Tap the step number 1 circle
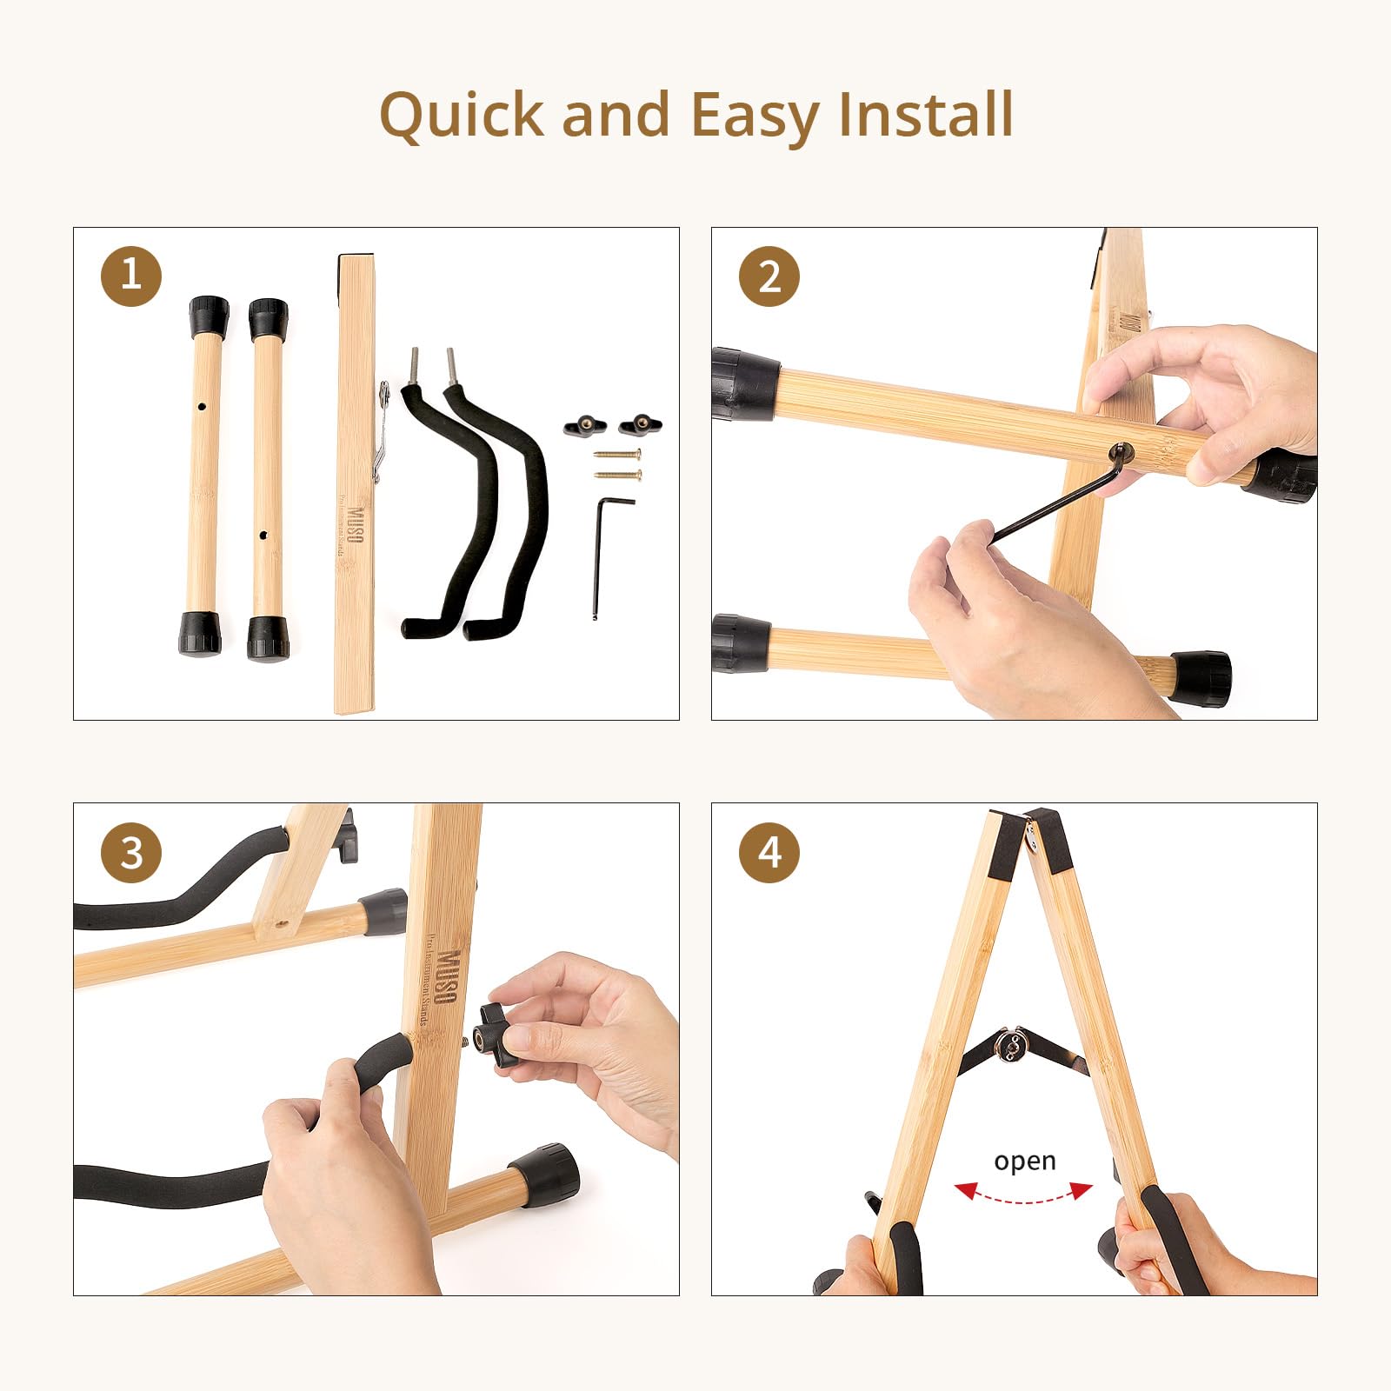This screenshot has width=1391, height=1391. click(x=131, y=276)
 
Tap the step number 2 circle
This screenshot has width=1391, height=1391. click(x=769, y=276)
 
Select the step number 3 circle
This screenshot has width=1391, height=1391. click(x=131, y=852)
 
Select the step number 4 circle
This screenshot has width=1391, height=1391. click(x=769, y=852)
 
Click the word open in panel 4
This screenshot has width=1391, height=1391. click(x=1024, y=1161)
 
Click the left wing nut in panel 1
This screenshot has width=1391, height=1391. click(x=584, y=425)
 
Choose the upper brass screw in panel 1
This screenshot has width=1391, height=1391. click(x=617, y=454)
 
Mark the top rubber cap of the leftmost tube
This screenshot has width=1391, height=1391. click(x=209, y=316)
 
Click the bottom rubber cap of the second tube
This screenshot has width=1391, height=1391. click(x=267, y=637)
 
